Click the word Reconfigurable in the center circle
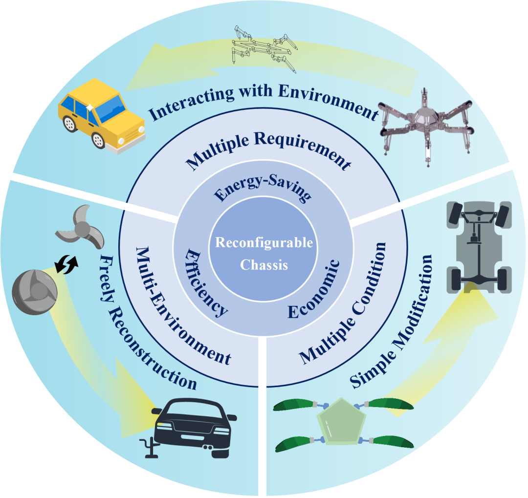(264, 243)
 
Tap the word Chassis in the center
(264, 265)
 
